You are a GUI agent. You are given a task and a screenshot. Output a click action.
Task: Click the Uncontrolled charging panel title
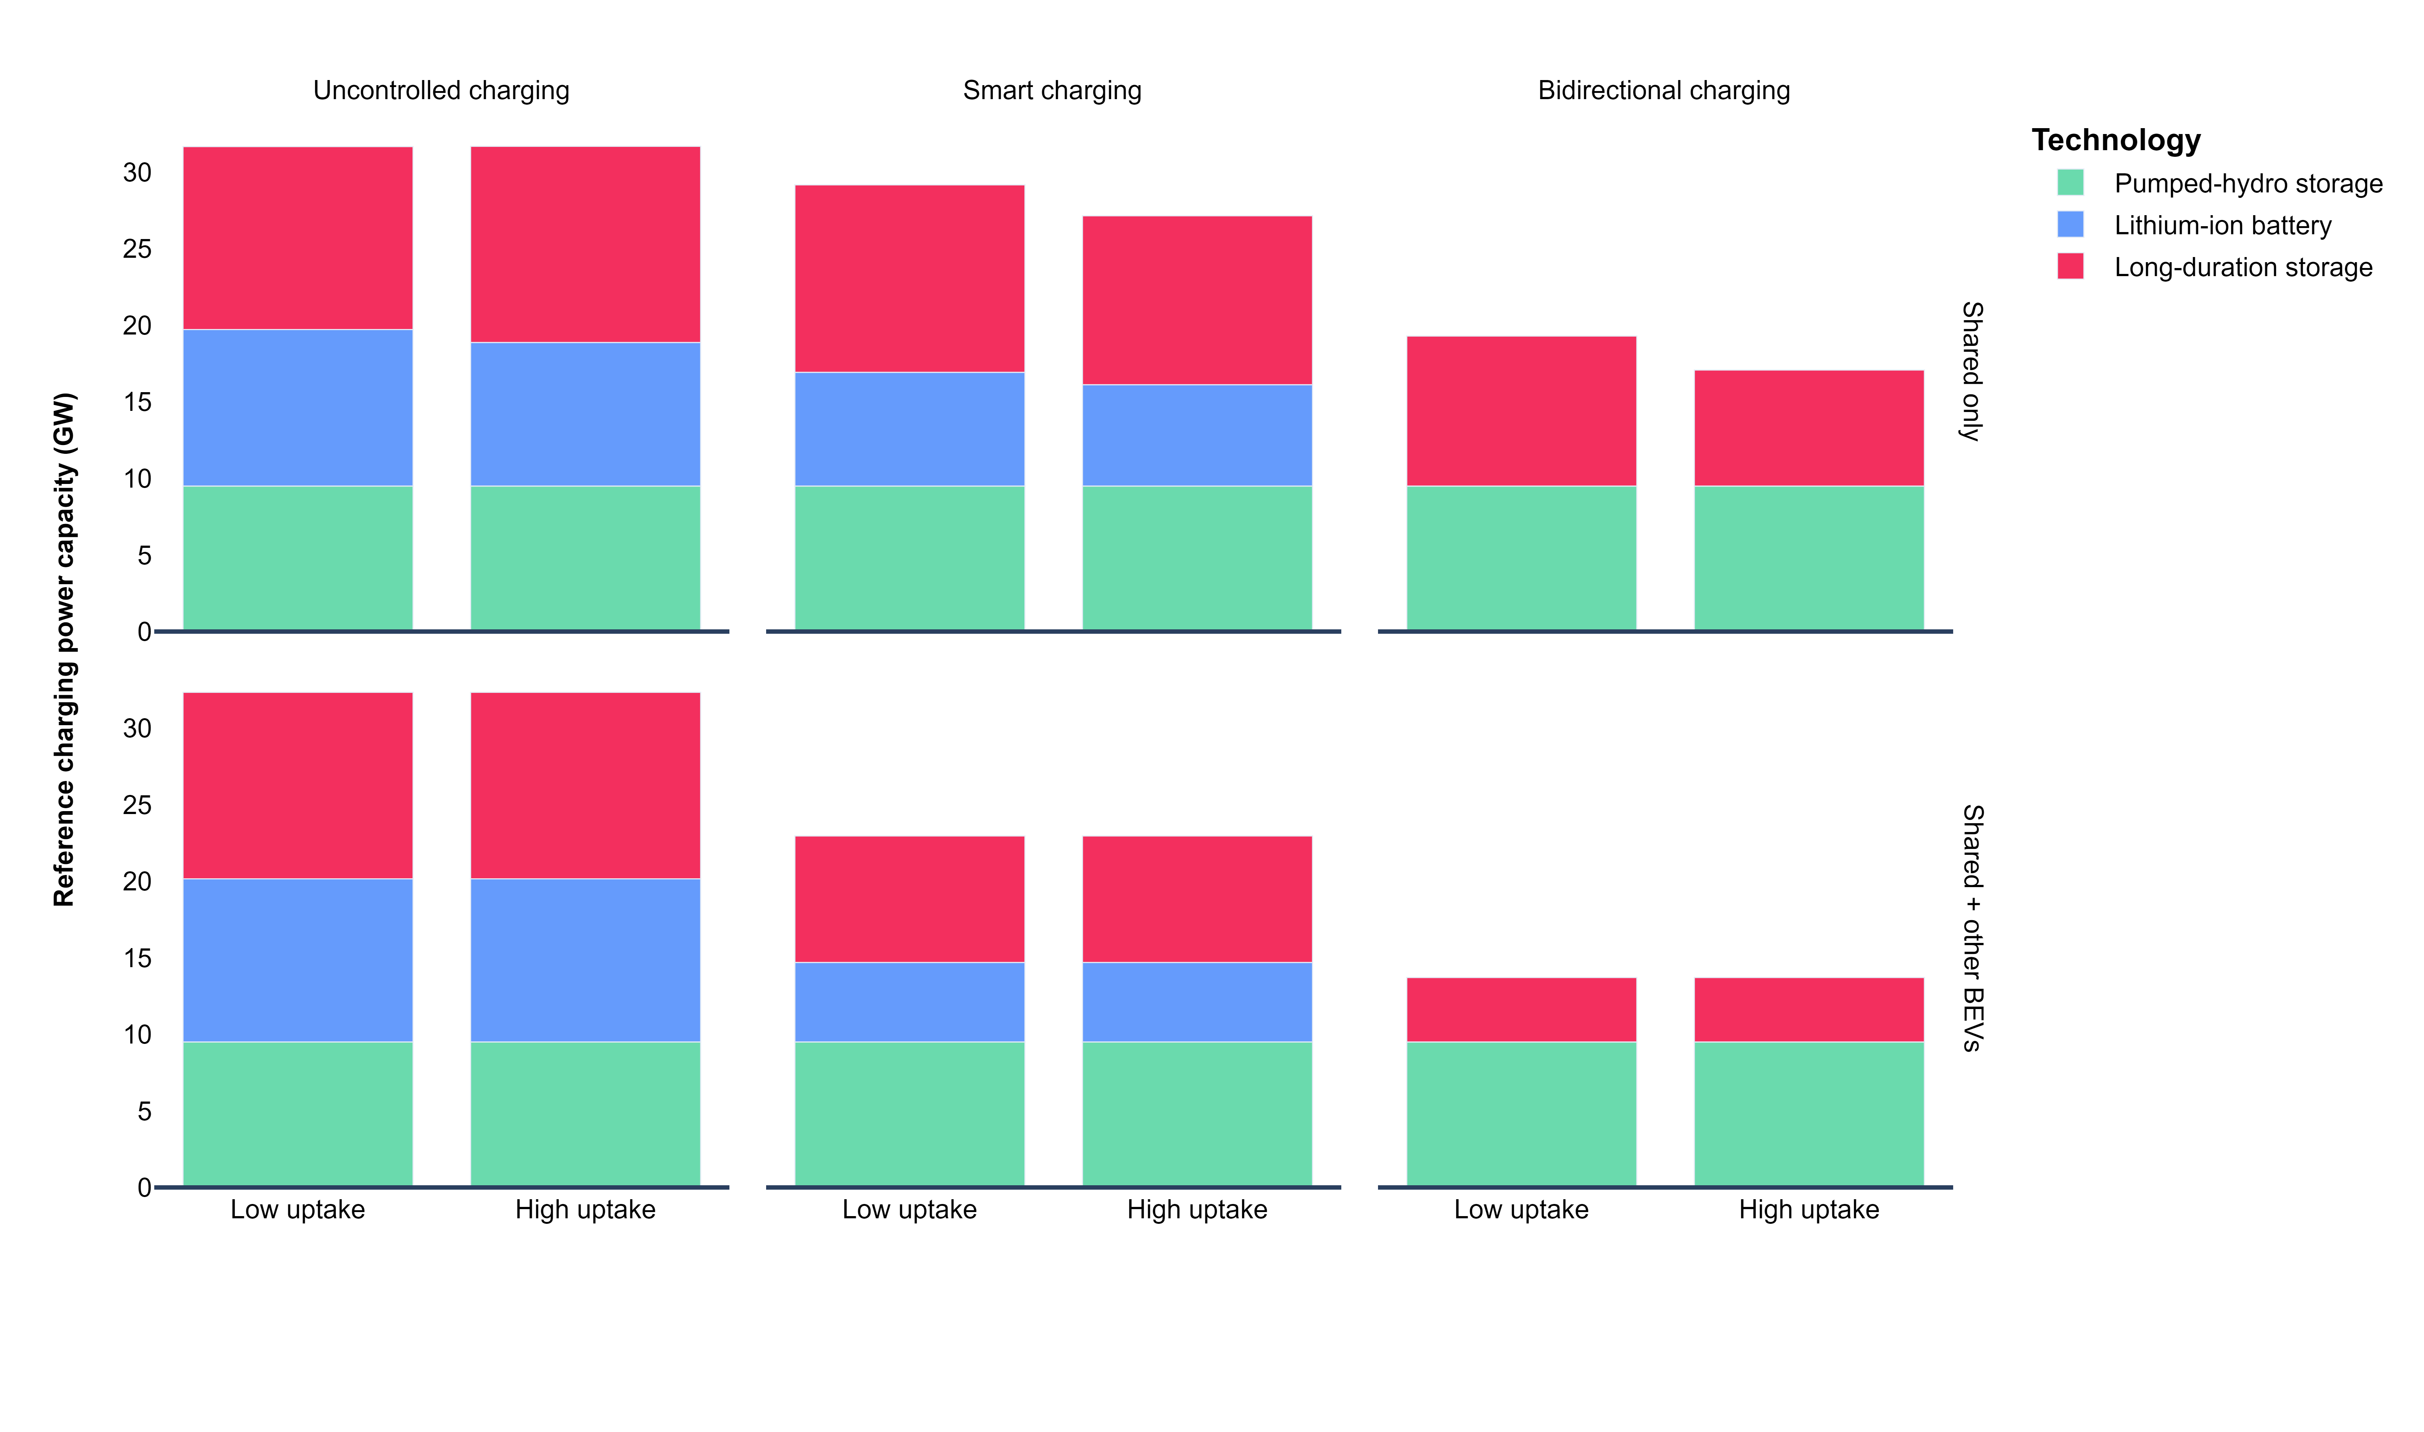click(x=441, y=91)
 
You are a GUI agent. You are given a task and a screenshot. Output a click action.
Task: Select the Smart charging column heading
click(x=1052, y=91)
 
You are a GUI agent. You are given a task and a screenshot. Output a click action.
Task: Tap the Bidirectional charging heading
click(x=1664, y=91)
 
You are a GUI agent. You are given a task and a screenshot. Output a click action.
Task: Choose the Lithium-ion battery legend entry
click(x=2222, y=225)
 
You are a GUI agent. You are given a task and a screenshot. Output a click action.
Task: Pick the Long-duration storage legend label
click(x=2243, y=267)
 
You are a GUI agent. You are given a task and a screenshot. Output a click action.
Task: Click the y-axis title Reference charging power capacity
click(x=64, y=650)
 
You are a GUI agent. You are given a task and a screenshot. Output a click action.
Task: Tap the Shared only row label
click(x=1972, y=372)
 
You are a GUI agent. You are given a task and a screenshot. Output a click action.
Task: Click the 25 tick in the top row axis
click(x=137, y=249)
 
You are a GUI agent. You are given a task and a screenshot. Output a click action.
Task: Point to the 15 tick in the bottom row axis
click(x=137, y=958)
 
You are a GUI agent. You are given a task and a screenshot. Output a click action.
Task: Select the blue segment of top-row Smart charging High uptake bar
click(x=1197, y=435)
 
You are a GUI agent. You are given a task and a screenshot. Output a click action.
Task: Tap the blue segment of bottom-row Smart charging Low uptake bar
click(x=909, y=1002)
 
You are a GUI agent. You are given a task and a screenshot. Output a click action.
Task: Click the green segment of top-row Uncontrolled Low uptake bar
click(x=297, y=558)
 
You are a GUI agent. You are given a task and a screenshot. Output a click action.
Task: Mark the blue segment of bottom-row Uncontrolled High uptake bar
click(x=585, y=960)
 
